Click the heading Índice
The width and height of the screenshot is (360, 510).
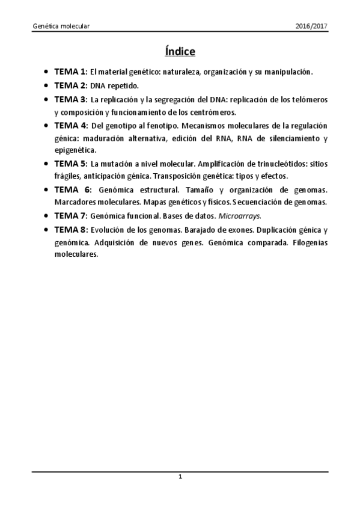pyautogui.click(x=180, y=52)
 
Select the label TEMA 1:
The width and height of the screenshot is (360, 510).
pyautogui.click(x=71, y=72)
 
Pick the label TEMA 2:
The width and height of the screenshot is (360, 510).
pyautogui.click(x=71, y=85)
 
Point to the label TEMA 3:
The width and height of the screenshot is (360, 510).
pyautogui.click(x=71, y=99)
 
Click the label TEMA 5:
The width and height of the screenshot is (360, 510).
pyautogui.click(x=71, y=163)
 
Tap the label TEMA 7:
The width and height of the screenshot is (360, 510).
pyautogui.click(x=71, y=215)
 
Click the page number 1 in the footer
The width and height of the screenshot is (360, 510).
pyautogui.click(x=180, y=477)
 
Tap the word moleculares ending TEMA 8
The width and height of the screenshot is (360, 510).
pyautogui.click(x=76, y=254)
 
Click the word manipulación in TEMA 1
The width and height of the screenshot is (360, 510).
pyautogui.click(x=288, y=72)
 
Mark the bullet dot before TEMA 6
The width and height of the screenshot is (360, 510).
pyautogui.click(x=47, y=189)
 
